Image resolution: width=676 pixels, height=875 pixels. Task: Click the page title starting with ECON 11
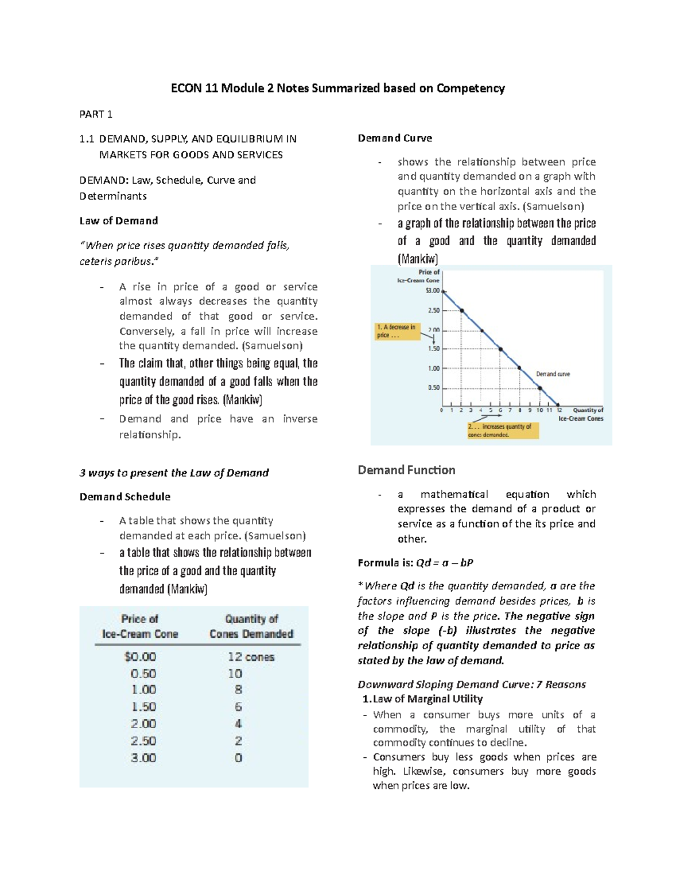337,88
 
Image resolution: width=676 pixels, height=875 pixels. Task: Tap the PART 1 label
96,114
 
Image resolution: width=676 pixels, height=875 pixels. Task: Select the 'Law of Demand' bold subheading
118,221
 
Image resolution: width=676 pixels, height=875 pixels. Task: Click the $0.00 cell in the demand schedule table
140,657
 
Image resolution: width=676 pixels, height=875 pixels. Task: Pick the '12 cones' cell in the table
251,657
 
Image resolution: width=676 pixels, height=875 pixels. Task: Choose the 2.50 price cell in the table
143,741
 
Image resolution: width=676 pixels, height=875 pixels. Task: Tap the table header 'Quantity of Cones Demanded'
251,627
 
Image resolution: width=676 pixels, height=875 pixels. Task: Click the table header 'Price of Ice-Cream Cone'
140,627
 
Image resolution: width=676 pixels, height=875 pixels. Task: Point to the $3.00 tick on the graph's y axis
433,291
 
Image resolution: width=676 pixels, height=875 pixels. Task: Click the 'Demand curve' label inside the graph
553,374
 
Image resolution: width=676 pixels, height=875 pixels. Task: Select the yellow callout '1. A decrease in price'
398,331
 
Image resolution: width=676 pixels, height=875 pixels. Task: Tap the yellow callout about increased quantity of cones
502,430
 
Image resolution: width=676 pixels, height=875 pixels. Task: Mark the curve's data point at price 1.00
519,368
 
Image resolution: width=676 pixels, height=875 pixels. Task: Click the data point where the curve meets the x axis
559,405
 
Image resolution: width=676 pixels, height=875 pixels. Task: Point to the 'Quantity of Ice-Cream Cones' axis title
580,414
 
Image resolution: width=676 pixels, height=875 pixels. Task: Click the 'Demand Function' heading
406,470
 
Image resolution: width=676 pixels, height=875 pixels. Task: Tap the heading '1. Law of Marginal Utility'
422,699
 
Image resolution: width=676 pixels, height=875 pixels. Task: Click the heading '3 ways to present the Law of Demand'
174,473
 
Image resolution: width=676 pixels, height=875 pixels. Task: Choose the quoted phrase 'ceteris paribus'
115,261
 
